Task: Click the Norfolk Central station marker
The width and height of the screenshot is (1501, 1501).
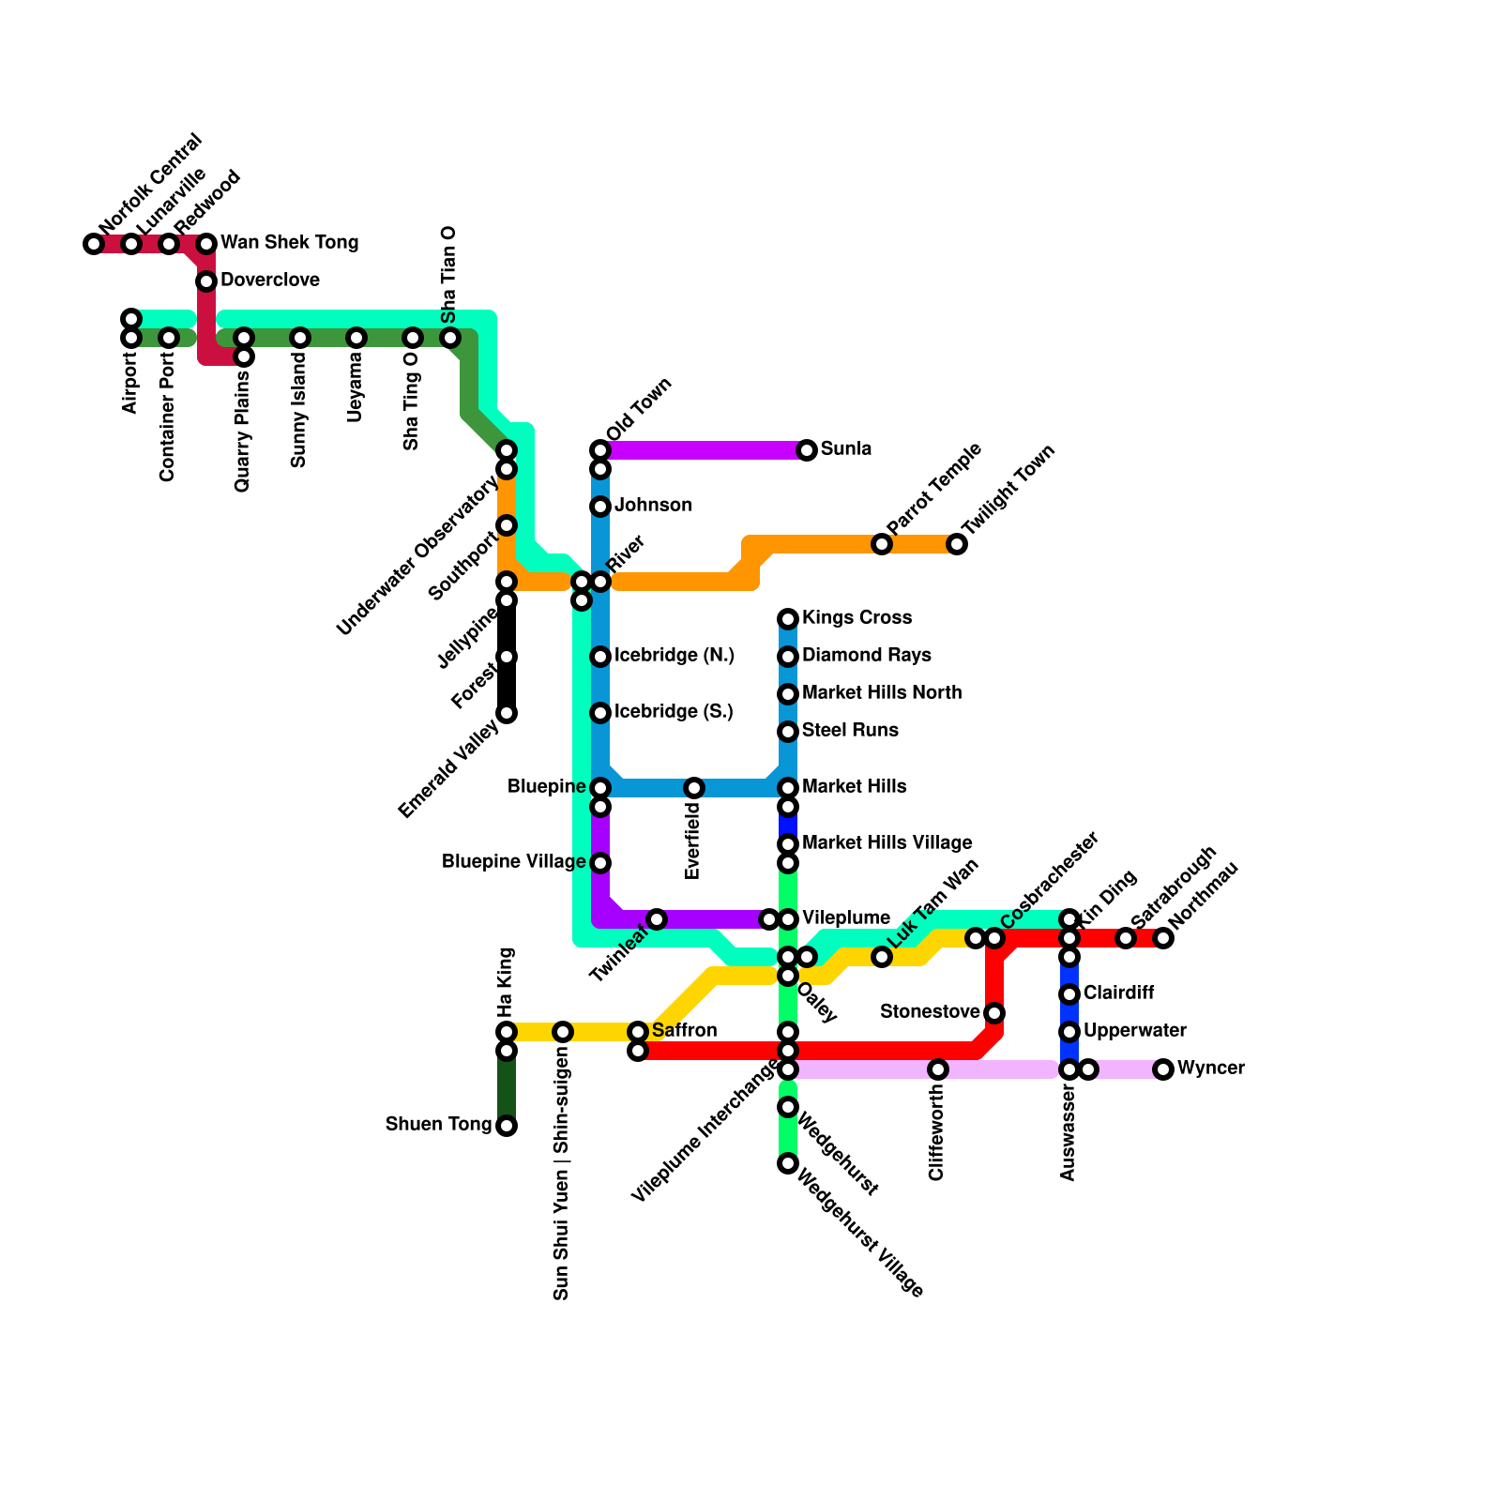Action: pos(94,244)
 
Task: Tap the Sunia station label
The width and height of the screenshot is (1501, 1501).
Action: pos(846,449)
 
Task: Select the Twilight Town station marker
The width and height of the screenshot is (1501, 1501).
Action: pos(957,544)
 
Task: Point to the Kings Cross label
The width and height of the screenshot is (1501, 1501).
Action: pos(857,618)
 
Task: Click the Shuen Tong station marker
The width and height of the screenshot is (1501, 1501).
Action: pos(507,1126)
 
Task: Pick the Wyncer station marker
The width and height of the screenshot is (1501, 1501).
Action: pos(1163,1069)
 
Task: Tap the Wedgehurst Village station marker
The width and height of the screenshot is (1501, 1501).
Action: pos(788,1163)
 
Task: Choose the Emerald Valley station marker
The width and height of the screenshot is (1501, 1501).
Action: pos(507,713)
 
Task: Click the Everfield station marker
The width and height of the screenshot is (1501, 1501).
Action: pos(694,788)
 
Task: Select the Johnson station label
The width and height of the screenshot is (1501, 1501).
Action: pos(653,506)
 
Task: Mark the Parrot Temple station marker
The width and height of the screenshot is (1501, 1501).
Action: pos(882,544)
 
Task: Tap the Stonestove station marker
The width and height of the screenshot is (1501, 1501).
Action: pos(994,1013)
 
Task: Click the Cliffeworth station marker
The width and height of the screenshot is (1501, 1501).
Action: pos(938,1069)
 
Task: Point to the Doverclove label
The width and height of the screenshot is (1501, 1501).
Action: pos(270,280)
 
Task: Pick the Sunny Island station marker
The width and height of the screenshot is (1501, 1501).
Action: pos(300,338)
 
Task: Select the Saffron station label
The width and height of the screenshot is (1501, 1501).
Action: pos(684,1031)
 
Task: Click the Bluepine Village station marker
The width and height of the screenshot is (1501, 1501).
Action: pos(600,863)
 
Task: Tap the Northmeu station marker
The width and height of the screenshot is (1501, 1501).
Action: pos(1163,938)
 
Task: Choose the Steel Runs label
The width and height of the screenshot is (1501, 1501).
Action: pos(850,731)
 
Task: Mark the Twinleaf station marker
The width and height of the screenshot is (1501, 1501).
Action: pos(657,919)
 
